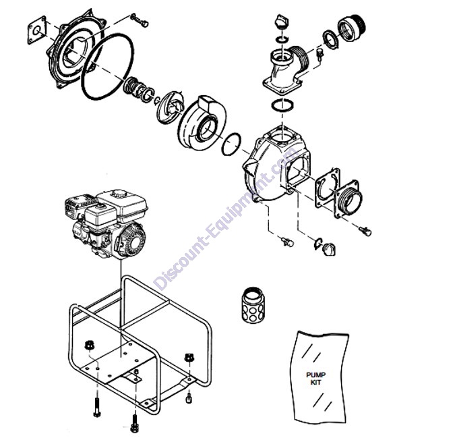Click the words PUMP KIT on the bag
(315, 379)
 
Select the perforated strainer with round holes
(254, 305)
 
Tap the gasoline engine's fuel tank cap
(117, 194)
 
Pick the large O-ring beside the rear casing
(107, 67)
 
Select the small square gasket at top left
(37, 30)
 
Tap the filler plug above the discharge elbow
(281, 22)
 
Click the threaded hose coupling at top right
(351, 28)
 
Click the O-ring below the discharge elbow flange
(282, 105)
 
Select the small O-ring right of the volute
(231, 144)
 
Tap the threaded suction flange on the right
(347, 198)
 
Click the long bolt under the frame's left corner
(97, 407)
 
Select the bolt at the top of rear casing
(140, 20)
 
